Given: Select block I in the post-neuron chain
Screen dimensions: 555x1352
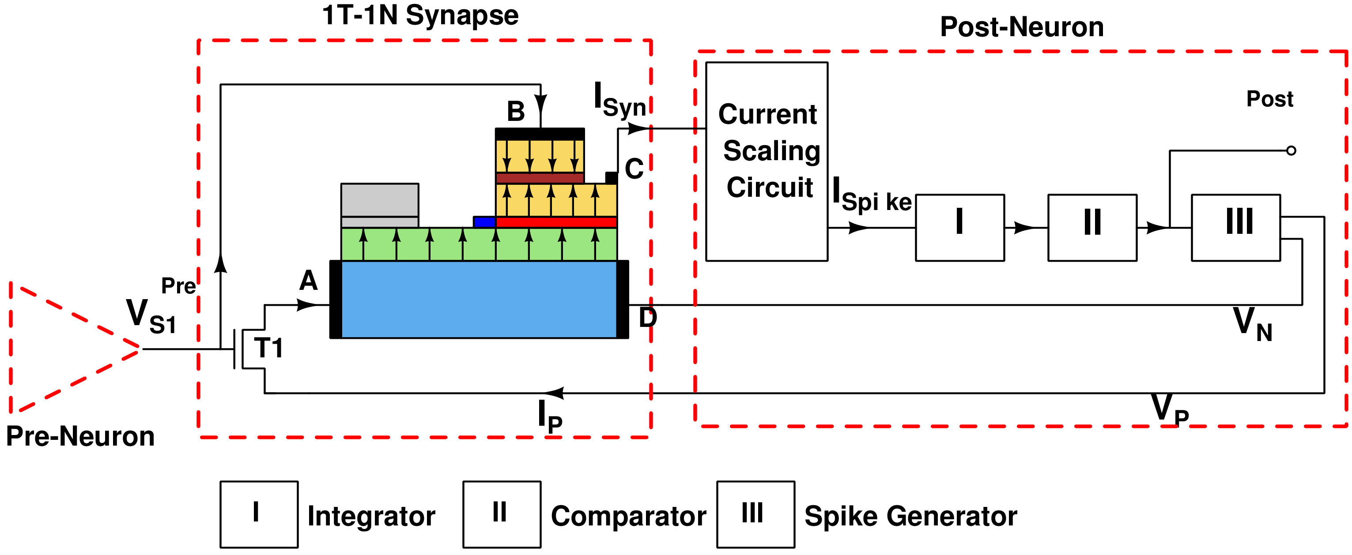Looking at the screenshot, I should [x=959, y=227].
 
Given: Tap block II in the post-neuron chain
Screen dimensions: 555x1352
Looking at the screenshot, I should [x=1092, y=227].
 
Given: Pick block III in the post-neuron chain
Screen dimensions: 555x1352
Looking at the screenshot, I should [x=1235, y=227].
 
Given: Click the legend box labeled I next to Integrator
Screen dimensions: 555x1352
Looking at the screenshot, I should [x=259, y=514].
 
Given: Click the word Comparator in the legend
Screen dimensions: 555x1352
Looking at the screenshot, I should [x=628, y=516].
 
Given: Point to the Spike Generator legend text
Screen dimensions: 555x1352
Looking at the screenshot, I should [x=910, y=516].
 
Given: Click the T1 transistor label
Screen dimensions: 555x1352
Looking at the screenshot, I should [x=268, y=348].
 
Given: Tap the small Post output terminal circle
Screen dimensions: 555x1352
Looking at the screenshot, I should [x=1291, y=150].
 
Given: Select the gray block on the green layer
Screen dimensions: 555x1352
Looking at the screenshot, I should [x=379, y=205].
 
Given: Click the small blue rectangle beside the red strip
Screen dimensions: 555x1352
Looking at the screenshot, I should [x=484, y=222].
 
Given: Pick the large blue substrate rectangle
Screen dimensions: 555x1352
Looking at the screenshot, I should [x=479, y=300].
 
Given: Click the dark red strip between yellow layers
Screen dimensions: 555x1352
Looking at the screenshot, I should [x=540, y=178].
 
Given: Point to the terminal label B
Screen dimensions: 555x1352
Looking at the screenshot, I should [x=515, y=111].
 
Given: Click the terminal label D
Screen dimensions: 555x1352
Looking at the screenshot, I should [x=647, y=317].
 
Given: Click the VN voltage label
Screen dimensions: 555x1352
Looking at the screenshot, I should [x=1252, y=324].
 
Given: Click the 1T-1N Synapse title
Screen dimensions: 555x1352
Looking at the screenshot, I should [x=420, y=15].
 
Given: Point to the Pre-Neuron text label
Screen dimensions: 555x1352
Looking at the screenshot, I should [x=80, y=436].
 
